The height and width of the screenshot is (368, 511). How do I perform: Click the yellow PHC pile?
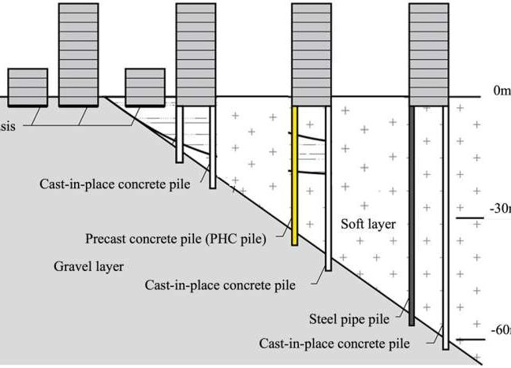click(x=295, y=173)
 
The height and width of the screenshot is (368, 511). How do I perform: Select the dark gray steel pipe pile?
click(x=412, y=213)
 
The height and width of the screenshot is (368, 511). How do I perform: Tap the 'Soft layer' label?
click(x=367, y=225)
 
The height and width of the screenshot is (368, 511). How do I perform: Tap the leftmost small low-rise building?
click(x=27, y=86)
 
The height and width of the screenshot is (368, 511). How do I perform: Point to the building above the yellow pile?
click(x=311, y=51)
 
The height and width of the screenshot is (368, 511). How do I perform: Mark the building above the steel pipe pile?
click(x=430, y=51)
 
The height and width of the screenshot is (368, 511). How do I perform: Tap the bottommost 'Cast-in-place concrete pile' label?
click(x=334, y=344)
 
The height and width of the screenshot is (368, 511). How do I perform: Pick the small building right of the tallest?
click(x=144, y=86)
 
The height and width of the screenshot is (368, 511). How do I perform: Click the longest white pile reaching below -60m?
click(x=446, y=229)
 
